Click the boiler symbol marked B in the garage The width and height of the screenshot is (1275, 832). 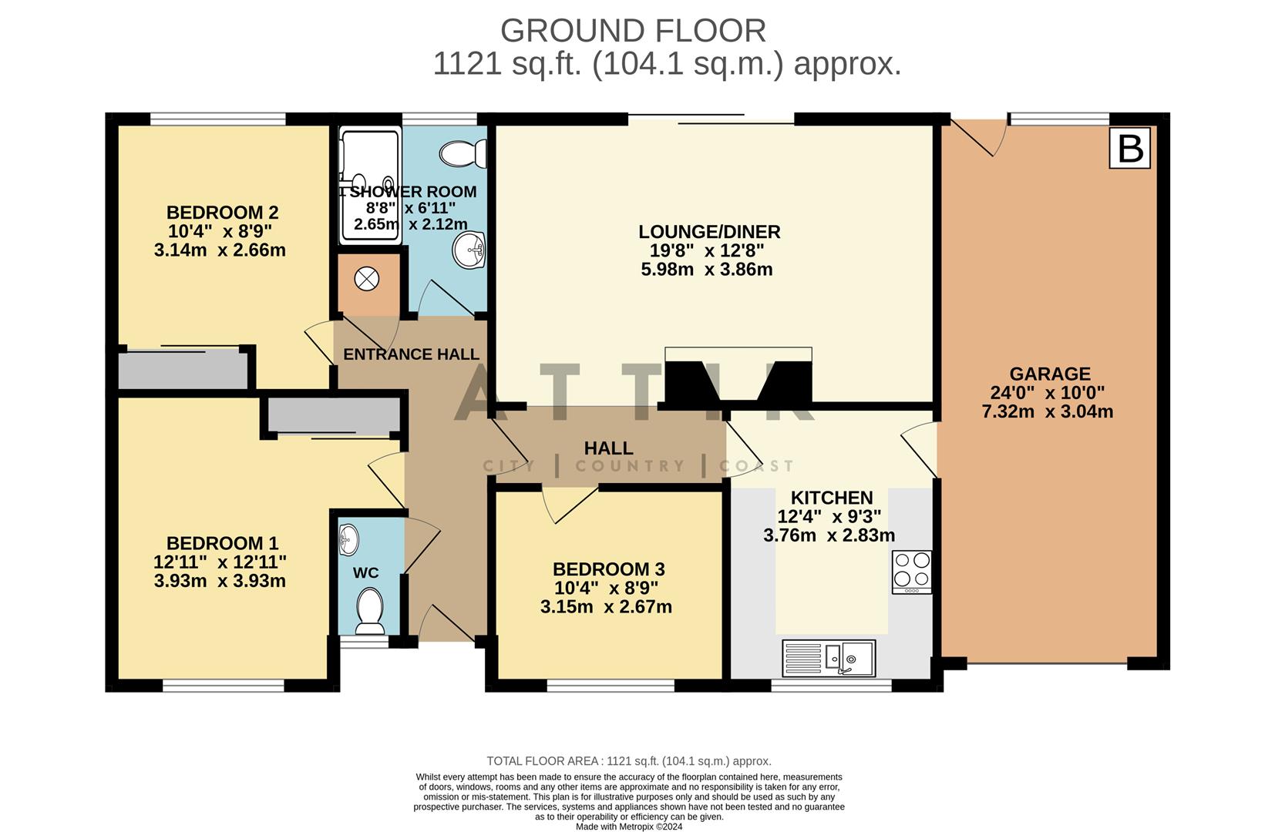tap(1129, 148)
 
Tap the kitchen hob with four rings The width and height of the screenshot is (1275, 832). tap(911, 572)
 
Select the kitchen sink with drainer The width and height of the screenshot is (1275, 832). tap(829, 658)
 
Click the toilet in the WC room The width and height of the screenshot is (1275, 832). tap(371, 610)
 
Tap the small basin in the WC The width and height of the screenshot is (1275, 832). tap(348, 538)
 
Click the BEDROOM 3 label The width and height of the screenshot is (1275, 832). tap(608, 569)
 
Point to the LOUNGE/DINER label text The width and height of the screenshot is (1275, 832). tap(709, 231)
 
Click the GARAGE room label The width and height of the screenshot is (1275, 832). tap(1049, 374)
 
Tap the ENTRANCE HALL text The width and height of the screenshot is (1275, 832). tap(411, 354)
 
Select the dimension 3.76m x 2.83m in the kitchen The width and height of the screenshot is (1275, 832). tap(829, 535)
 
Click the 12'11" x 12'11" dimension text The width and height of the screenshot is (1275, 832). tap(220, 562)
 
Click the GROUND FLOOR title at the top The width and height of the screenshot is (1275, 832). tap(633, 31)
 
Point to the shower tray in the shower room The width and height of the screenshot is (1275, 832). tap(370, 185)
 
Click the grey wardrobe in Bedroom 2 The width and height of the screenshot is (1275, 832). tap(182, 370)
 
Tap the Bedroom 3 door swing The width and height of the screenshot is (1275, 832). tap(567, 504)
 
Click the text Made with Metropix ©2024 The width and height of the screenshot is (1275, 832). tap(628, 827)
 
